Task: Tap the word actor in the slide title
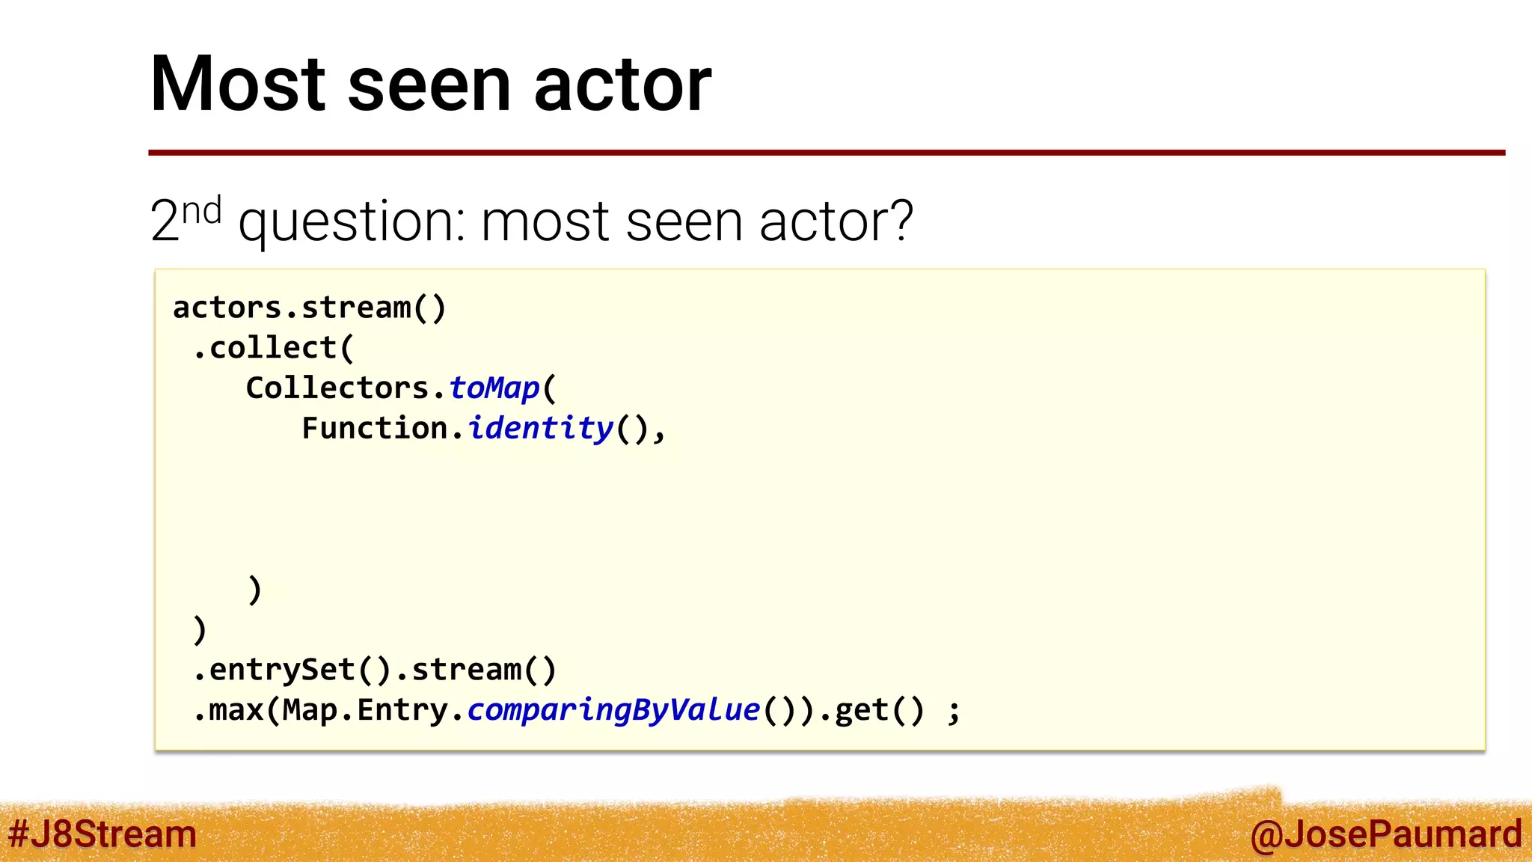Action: point(622,84)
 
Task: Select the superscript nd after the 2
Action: point(202,211)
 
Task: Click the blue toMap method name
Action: point(494,388)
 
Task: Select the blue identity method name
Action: point(540,428)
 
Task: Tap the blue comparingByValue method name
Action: point(613,709)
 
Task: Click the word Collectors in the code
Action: point(337,388)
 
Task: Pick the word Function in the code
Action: point(374,428)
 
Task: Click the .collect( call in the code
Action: point(273,348)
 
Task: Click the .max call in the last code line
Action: point(228,709)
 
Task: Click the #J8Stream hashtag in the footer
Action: point(102,834)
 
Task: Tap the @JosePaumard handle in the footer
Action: point(1385,834)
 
